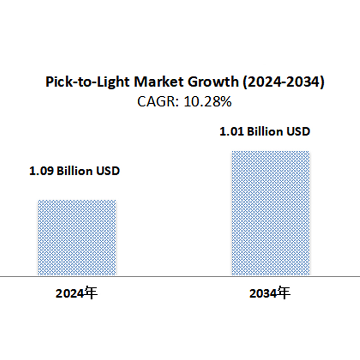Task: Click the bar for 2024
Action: click(x=77, y=237)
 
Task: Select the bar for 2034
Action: click(x=270, y=213)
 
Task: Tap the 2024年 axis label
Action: click(x=76, y=293)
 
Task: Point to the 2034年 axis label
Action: click(x=270, y=293)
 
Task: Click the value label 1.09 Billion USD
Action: click(x=75, y=171)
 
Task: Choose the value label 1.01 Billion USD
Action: click(x=265, y=132)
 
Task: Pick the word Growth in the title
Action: click(x=211, y=82)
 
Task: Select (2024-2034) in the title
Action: click(x=283, y=82)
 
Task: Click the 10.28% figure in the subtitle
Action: click(x=209, y=102)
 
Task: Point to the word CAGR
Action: click(x=154, y=102)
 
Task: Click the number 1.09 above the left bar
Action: click(x=41, y=171)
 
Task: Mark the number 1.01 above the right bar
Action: click(x=231, y=132)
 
